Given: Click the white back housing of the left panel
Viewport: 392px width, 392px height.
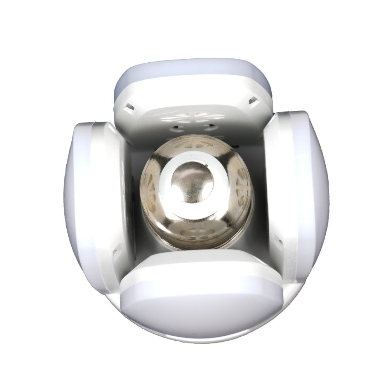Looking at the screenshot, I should click(x=103, y=185).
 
